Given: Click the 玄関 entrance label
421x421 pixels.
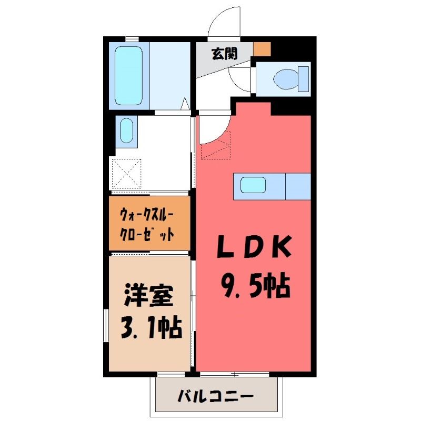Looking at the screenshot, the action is click(x=225, y=54).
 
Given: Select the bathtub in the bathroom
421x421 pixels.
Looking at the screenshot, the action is click(x=128, y=76).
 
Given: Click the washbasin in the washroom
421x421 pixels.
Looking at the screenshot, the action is click(x=126, y=131).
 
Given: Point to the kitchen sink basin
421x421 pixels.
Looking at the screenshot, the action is click(x=253, y=185).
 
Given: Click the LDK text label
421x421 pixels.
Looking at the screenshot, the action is click(x=254, y=246).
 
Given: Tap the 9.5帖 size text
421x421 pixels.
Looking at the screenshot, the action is click(x=256, y=286).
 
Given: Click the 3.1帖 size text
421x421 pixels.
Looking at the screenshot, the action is click(x=152, y=327).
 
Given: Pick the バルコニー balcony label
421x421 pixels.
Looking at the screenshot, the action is click(x=216, y=396).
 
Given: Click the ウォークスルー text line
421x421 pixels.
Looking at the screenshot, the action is click(x=147, y=215).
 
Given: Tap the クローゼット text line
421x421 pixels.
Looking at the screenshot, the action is click(x=147, y=234).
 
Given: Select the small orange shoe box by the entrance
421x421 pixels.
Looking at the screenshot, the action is click(x=262, y=49).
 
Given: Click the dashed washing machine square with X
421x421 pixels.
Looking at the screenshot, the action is click(x=126, y=174).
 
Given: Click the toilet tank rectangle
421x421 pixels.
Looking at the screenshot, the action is click(x=304, y=79).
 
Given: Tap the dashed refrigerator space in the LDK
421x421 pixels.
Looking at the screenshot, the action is click(x=216, y=145).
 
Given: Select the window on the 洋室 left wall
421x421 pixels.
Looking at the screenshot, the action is click(x=106, y=325).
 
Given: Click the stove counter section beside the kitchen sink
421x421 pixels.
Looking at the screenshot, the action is click(x=298, y=187).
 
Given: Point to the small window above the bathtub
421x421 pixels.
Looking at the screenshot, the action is click(x=132, y=39).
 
